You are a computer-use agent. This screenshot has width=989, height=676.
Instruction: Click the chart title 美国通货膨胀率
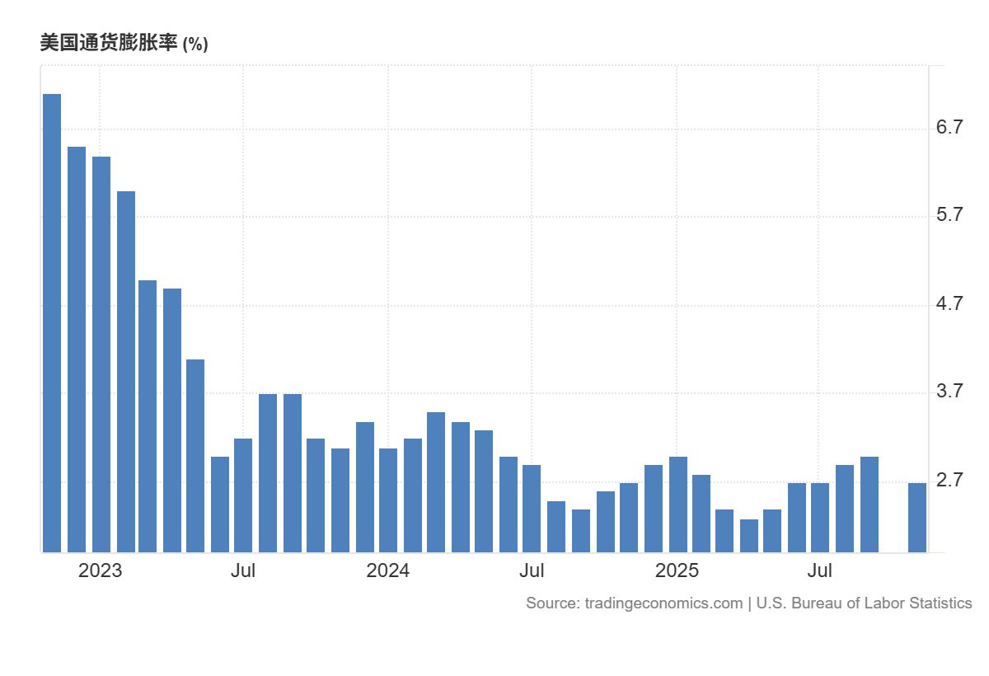click(x=108, y=44)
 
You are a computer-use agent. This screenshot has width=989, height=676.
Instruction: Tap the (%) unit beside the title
click(x=195, y=45)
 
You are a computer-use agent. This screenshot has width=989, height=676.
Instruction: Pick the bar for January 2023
click(x=101, y=354)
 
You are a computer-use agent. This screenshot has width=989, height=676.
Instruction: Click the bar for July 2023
click(x=243, y=495)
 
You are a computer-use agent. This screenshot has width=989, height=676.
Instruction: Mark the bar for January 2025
click(x=678, y=504)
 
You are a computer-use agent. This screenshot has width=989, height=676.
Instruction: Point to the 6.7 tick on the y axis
click(x=949, y=127)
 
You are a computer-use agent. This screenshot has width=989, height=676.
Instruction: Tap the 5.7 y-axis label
click(x=949, y=216)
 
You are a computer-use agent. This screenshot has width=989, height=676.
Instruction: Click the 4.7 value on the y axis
click(x=949, y=304)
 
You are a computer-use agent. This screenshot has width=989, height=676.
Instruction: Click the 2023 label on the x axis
click(x=100, y=570)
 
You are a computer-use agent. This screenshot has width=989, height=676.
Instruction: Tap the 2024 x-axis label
click(x=388, y=570)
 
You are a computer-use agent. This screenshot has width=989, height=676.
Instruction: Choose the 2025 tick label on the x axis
click(x=677, y=570)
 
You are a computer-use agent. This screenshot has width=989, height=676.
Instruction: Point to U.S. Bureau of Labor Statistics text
click(x=864, y=603)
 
